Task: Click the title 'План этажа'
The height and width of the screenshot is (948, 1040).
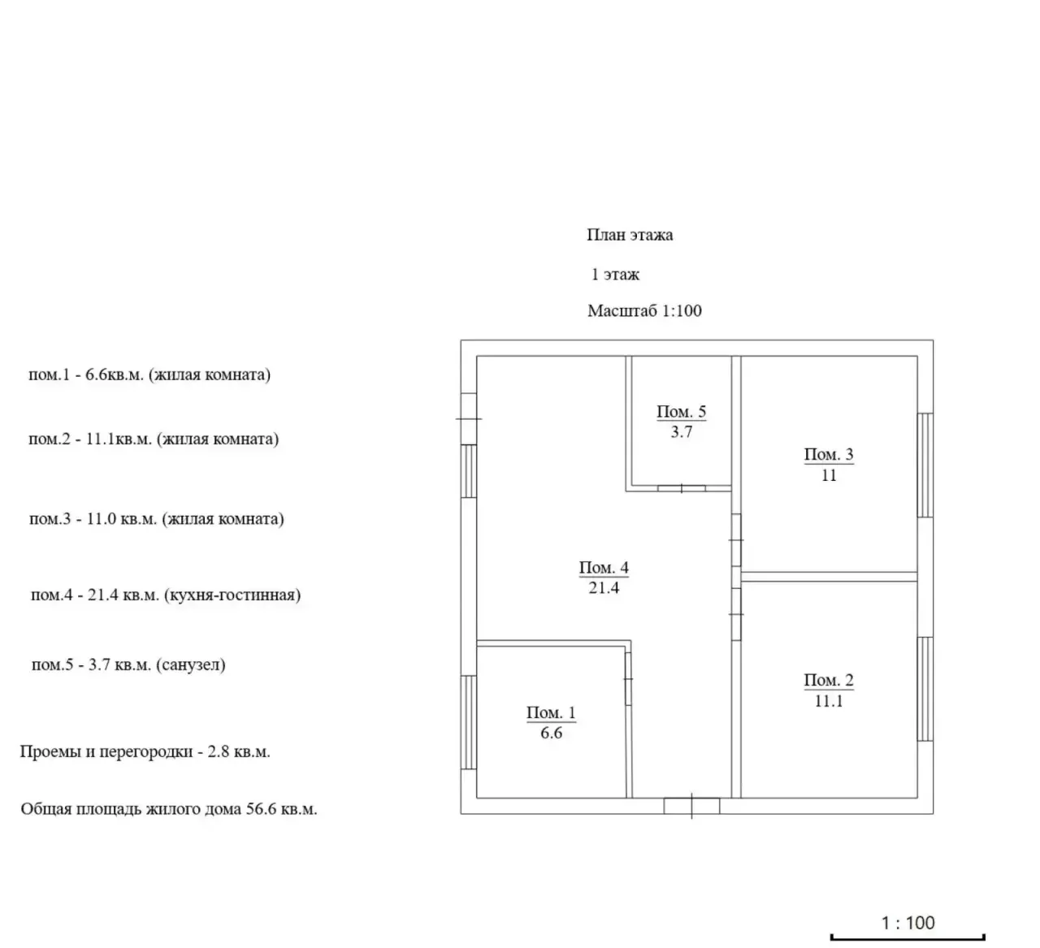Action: (630, 235)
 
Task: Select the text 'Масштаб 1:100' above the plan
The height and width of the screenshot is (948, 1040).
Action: (644, 310)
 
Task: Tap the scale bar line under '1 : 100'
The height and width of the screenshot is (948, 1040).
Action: (908, 937)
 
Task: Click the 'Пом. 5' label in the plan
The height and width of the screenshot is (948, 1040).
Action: (681, 412)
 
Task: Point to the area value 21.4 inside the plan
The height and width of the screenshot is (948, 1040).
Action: (604, 588)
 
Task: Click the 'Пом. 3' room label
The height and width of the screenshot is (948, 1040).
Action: (829, 455)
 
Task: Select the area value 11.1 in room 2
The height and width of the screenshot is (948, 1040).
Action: (829, 701)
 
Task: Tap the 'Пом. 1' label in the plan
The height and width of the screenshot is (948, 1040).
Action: (551, 712)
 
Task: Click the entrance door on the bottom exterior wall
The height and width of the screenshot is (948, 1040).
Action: (691, 806)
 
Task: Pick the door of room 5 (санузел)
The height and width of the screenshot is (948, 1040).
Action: (681, 488)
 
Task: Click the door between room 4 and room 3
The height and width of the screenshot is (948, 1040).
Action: (736, 540)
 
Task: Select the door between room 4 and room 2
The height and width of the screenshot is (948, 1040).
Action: (736, 614)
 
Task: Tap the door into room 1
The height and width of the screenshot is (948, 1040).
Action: (628, 679)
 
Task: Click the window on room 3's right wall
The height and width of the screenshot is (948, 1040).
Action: (925, 465)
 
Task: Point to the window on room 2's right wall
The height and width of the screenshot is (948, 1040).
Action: (925, 689)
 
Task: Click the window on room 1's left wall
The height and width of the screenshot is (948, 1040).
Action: (469, 722)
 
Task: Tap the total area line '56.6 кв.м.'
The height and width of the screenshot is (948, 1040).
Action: (281, 808)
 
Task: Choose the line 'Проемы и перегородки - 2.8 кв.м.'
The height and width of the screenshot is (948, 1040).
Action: (145, 751)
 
